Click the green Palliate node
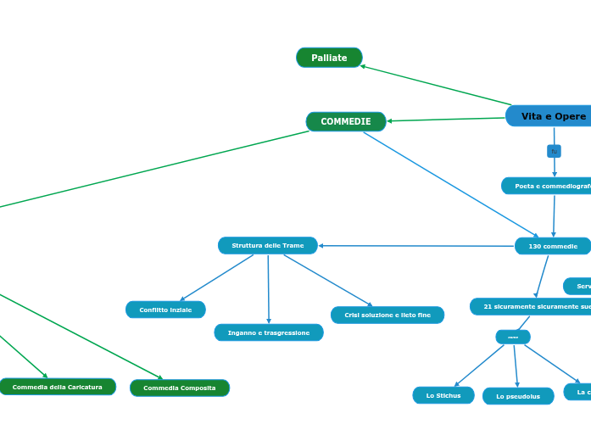tap(329, 58)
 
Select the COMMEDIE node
tap(346, 121)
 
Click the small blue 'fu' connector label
tap(554, 151)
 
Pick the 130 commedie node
tap(553, 246)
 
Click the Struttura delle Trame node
tap(268, 245)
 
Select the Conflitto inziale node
tap(165, 310)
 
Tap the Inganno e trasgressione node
tap(269, 332)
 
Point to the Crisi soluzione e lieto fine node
tap(387, 315)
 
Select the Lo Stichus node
tap(443, 395)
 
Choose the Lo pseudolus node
tap(518, 396)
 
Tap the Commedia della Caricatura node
tap(58, 387)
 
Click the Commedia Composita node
tap(180, 388)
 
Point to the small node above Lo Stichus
tap(513, 337)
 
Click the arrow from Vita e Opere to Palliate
tap(437, 86)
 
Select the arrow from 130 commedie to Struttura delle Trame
tap(415, 246)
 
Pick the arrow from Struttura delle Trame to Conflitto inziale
tap(217, 277)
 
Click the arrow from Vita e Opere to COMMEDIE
tap(446, 120)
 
